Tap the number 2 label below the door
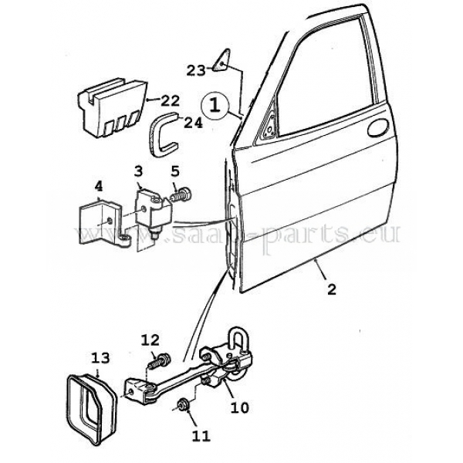[x=331, y=290]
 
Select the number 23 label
[x=196, y=70]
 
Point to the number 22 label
[x=170, y=100]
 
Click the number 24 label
[x=192, y=123]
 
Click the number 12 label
[x=150, y=339]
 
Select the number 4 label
[x=99, y=185]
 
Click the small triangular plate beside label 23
[x=222, y=59]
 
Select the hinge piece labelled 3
[x=148, y=209]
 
